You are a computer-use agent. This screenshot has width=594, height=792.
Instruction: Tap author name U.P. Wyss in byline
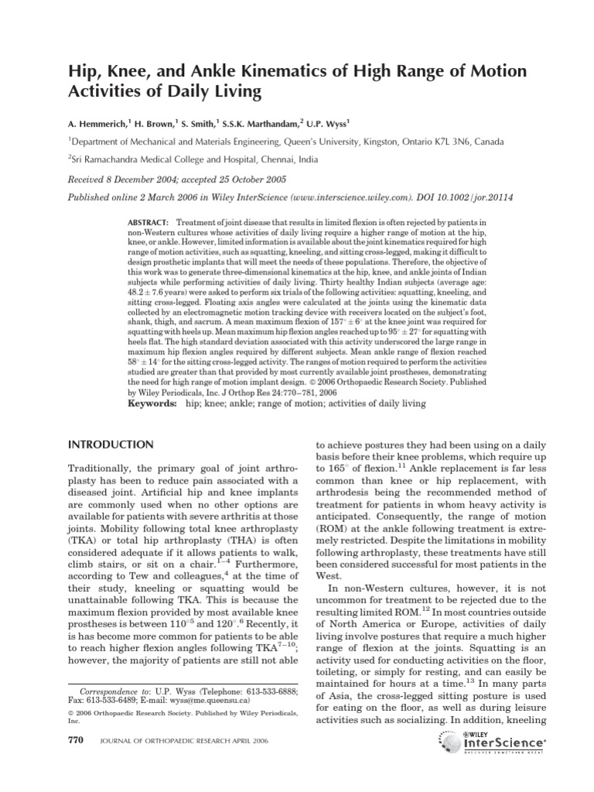click(326, 121)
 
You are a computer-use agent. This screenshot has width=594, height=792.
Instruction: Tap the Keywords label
click(152, 404)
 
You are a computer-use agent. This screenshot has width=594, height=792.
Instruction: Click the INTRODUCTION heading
click(112, 445)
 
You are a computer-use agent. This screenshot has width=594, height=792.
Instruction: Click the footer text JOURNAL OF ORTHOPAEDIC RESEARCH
click(177, 763)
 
